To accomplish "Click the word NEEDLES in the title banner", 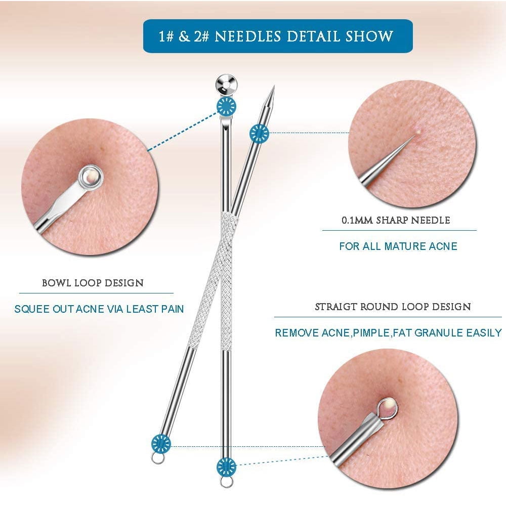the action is click(x=248, y=36).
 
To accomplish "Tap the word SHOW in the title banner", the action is click(x=369, y=36).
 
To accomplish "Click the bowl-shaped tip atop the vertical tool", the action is click(x=226, y=84).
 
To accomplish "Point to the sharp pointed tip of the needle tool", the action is click(x=274, y=87).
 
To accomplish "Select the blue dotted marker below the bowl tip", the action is click(x=226, y=106).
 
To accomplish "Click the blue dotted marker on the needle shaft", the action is click(x=259, y=133).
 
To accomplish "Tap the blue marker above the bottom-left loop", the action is click(x=161, y=444).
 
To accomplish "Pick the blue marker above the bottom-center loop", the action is click(x=226, y=467).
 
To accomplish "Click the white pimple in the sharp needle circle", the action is click(x=419, y=131).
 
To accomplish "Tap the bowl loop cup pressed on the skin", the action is click(x=90, y=177).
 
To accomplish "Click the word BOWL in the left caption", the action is click(x=56, y=283).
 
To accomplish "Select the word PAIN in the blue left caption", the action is click(x=173, y=309).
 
